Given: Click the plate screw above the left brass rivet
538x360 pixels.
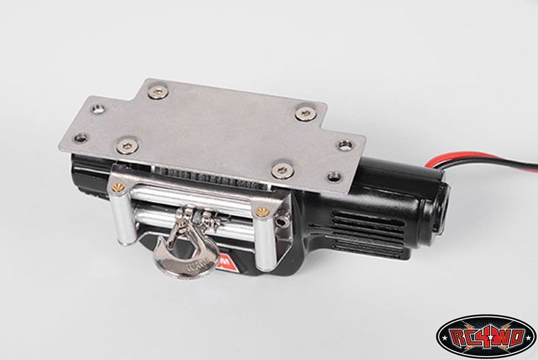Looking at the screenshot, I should click(x=124, y=143).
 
